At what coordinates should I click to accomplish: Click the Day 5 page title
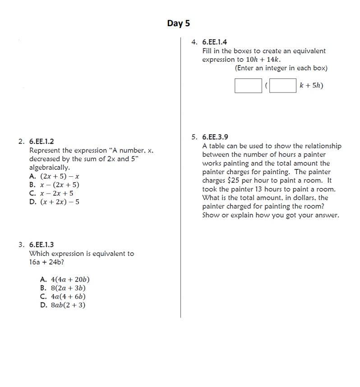click(178, 23)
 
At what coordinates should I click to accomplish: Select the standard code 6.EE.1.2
click(42, 142)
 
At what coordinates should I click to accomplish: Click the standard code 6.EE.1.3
click(42, 245)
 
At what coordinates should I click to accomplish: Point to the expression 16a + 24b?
click(47, 262)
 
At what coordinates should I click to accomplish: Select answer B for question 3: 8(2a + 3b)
click(63, 288)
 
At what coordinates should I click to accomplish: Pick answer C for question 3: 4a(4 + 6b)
click(63, 297)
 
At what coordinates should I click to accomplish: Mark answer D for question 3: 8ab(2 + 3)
click(63, 305)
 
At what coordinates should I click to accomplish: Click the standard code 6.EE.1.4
click(215, 42)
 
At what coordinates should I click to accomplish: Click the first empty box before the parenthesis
click(248, 86)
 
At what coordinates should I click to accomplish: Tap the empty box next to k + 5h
click(283, 86)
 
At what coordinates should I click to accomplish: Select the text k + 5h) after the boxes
click(311, 86)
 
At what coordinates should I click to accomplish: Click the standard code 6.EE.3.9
click(215, 137)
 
